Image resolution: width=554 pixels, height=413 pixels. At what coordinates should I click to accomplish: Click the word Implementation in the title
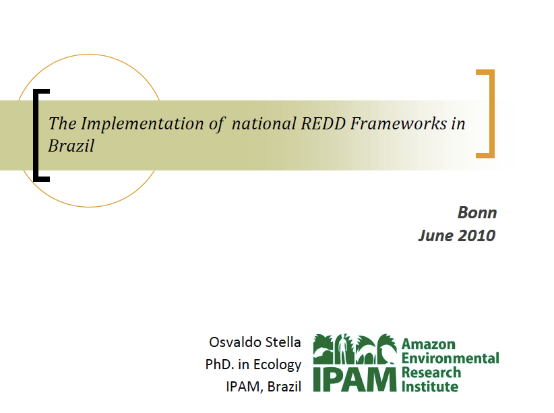click(142, 125)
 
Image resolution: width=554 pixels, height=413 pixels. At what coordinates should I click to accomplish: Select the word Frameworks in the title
click(399, 123)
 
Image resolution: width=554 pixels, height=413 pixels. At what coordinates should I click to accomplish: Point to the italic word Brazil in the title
click(71, 146)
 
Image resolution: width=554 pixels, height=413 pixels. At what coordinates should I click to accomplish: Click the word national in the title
click(264, 123)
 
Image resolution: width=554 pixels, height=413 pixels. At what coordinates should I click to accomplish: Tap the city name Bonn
click(477, 213)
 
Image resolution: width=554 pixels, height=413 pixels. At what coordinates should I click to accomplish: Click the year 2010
click(476, 236)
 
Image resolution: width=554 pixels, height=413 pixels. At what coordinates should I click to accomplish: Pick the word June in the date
click(436, 236)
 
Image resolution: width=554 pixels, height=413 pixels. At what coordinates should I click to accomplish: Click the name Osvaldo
click(235, 342)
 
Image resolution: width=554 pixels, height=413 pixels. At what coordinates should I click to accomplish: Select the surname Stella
click(283, 342)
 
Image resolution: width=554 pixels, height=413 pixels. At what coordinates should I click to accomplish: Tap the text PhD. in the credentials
click(220, 364)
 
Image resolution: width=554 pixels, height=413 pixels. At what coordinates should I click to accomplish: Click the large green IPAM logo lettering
click(355, 379)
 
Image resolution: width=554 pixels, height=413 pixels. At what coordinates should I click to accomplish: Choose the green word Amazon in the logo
click(429, 344)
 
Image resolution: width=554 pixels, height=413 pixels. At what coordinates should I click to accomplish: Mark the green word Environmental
click(450, 358)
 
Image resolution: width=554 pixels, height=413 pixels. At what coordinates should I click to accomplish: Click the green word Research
click(431, 373)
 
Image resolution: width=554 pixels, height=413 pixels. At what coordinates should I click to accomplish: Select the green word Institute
click(430, 387)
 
